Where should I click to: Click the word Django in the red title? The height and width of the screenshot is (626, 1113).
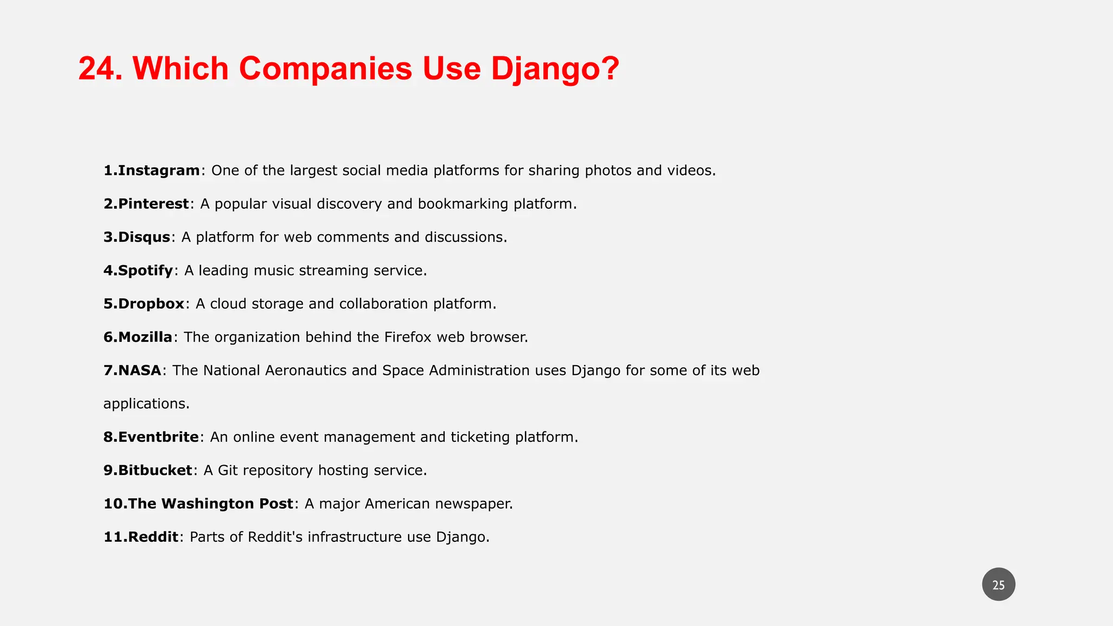click(x=554, y=69)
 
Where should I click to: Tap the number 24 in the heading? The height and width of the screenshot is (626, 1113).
click(x=99, y=69)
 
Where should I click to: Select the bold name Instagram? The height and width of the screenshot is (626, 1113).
click(x=159, y=171)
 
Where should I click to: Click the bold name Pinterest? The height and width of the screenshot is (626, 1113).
click(x=153, y=204)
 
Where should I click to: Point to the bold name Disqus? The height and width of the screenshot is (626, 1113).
click(x=144, y=237)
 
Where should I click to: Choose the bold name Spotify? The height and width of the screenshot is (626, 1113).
click(x=145, y=271)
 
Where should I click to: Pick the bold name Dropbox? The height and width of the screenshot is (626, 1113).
click(x=151, y=304)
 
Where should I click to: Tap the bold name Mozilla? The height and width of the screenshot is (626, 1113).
click(x=145, y=337)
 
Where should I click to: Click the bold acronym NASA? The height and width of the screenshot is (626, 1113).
click(x=140, y=371)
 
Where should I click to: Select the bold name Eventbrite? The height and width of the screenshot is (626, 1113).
click(x=158, y=437)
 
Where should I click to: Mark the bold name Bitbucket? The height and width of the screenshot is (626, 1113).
click(x=155, y=471)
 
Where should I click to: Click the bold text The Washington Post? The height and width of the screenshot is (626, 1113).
click(x=210, y=504)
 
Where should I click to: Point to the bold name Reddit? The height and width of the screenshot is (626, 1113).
click(x=153, y=537)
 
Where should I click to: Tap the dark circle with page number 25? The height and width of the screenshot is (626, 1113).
click(x=998, y=585)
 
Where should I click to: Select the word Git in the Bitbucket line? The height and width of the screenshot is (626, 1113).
click(x=228, y=471)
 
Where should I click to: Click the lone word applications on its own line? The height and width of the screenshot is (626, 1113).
click(x=146, y=404)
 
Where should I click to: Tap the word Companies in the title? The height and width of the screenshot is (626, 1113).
click(x=325, y=69)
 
